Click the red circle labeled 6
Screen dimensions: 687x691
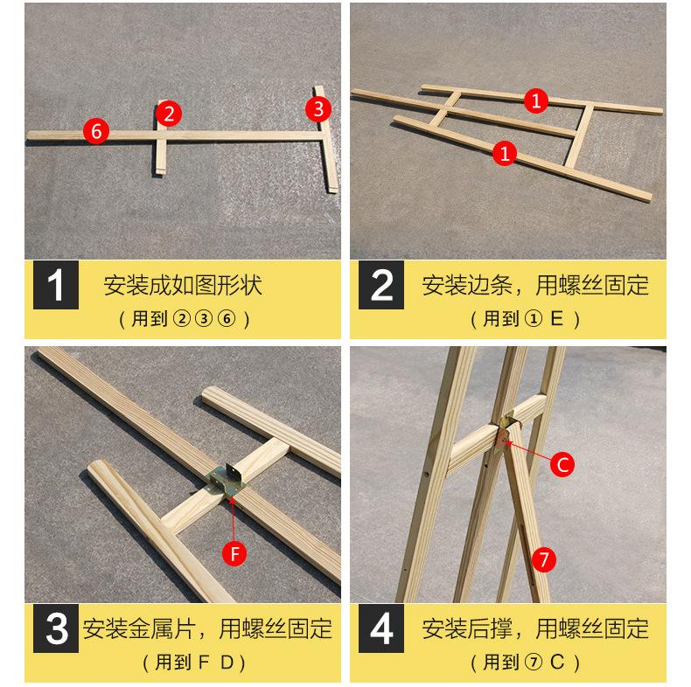[x=96, y=131]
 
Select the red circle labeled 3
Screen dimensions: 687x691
[x=318, y=108]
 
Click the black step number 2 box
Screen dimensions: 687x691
[x=382, y=287]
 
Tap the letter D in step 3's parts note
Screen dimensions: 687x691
[x=227, y=662]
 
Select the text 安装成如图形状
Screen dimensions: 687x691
[x=183, y=285]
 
